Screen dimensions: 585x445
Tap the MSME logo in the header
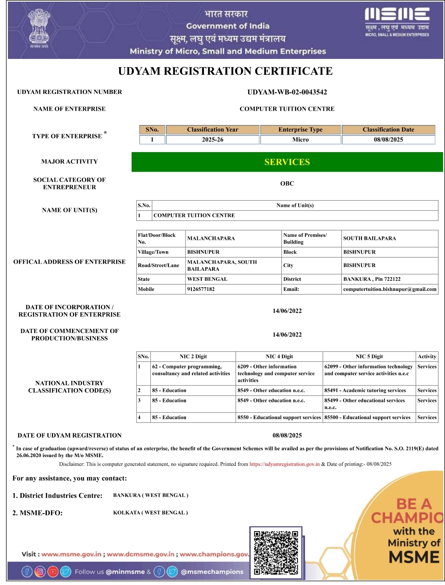pos(397,22)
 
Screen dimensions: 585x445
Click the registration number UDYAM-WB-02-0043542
pos(287,92)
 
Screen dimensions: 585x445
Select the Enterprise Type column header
pos(300,130)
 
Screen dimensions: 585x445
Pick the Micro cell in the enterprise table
pos(300,140)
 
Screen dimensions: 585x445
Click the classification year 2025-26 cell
pos(213,140)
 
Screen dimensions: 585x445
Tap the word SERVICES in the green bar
pos(287,162)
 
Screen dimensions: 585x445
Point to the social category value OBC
pos(287,183)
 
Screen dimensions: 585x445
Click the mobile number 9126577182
pos(201,289)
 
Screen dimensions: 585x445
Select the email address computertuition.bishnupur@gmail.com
pos(390,289)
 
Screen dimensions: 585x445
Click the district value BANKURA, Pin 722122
pos(372,279)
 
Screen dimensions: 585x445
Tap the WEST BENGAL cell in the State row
pos(207,279)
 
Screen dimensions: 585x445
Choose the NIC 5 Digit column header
pos(369,356)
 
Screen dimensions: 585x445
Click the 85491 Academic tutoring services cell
pos(365,390)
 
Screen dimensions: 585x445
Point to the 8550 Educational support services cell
pos(279,417)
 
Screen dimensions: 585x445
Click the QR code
pos(276,552)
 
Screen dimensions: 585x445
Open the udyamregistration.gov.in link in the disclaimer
pos(285,464)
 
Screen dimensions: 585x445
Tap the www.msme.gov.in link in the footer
pos(71,554)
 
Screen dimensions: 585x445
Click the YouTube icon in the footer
pos(53,571)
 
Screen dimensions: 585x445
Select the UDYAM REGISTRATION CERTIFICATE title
pos(225,71)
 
